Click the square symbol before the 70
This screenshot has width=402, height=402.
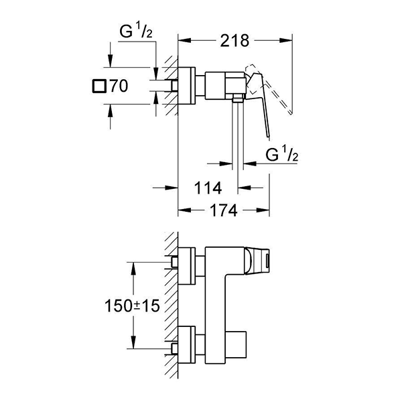pos(100,86)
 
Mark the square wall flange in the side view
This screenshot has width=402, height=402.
pos(188,86)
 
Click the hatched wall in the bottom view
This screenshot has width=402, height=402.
pos(171,301)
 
